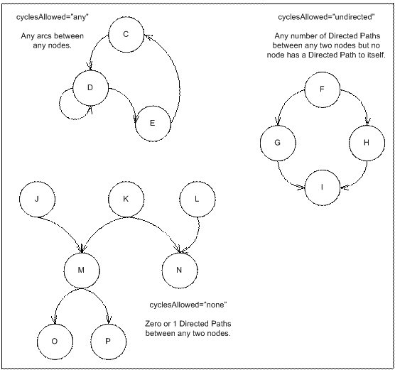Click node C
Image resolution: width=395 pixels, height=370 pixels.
tap(126, 35)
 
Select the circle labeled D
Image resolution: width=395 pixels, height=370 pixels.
tap(90, 88)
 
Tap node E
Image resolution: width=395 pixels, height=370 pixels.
tap(153, 124)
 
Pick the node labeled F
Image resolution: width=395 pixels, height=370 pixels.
tap(323, 89)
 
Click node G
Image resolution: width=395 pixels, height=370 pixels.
tap(278, 143)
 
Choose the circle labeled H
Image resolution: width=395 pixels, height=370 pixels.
tap(367, 143)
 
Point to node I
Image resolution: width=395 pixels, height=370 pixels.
tap(323, 187)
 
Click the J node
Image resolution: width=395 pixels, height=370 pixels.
tap(37, 199)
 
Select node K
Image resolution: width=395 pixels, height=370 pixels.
tap(126, 199)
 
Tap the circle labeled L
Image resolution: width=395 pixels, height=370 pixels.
tap(197, 199)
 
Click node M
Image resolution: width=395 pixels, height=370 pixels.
tap(82, 271)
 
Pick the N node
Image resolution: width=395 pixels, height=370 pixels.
tap(179, 271)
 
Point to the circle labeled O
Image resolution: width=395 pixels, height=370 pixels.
tap(55, 342)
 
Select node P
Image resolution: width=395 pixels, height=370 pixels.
tap(108, 342)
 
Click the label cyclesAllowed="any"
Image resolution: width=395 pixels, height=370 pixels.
tap(53, 17)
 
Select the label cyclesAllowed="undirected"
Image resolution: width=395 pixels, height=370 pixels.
tap(326, 17)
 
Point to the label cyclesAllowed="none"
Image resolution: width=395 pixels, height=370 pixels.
tap(188, 305)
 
